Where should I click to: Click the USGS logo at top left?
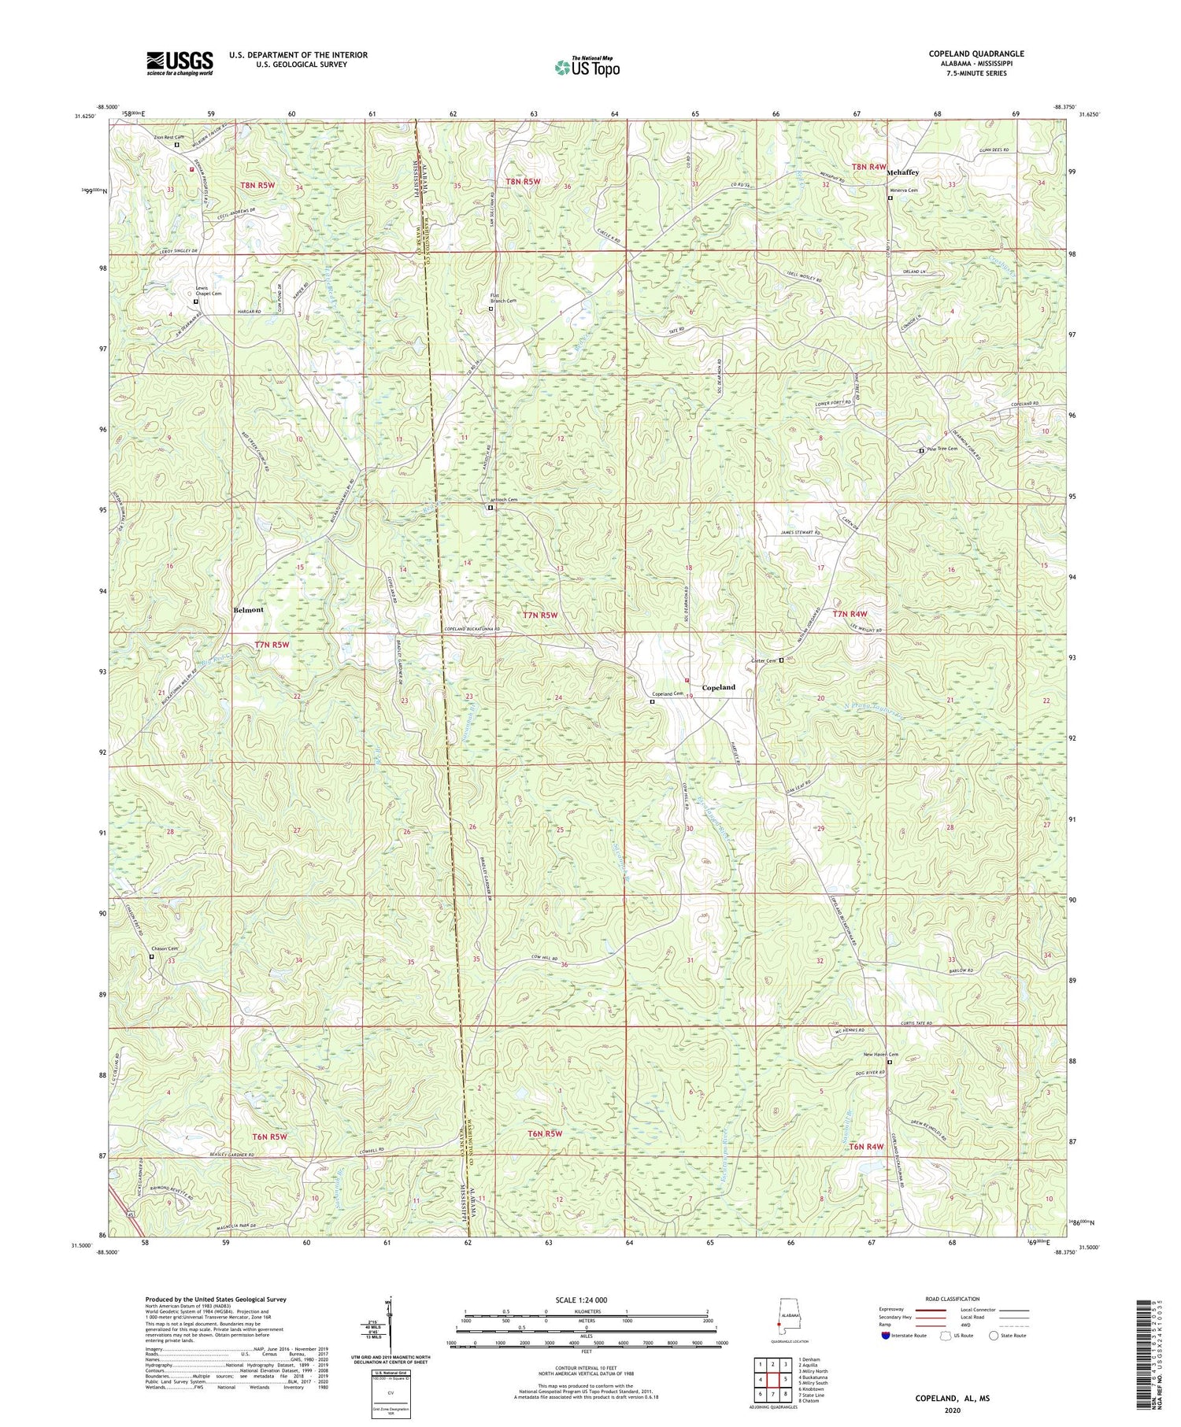pos(180,63)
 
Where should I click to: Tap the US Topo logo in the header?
pos(587,68)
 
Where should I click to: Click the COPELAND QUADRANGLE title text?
pos(976,54)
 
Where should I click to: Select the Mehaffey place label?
pos(903,172)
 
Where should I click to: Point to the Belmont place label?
pos(248,610)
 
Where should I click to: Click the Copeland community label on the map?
pos(718,687)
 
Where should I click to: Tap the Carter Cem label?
pos(763,660)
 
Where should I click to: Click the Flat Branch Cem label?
pos(503,299)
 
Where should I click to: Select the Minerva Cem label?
pos(903,190)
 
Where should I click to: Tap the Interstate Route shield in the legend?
pos(887,1336)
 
